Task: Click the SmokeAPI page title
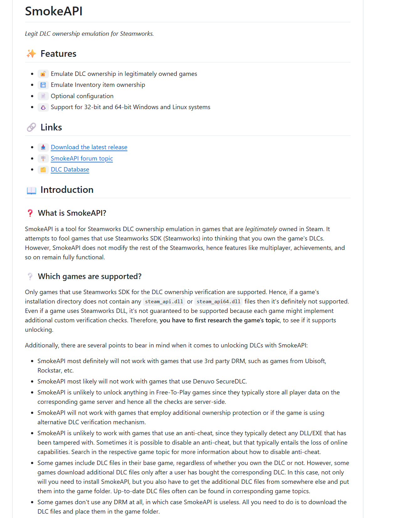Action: pos(54,11)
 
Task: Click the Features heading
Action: pos(58,54)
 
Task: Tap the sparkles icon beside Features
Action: pos(31,54)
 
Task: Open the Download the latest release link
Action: pos(89,147)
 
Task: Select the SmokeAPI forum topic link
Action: pos(82,158)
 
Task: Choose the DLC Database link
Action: pos(70,169)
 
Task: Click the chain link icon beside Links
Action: pos(31,127)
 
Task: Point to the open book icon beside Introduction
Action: pos(31,190)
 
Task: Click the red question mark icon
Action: pos(30,213)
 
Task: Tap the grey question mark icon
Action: pos(30,276)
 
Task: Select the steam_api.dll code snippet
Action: pos(164,301)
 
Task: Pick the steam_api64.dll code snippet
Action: pos(219,301)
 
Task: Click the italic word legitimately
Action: pos(261,229)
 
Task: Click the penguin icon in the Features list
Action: pos(43,107)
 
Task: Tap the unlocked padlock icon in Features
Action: pos(43,74)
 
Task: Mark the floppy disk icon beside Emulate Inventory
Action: pos(43,85)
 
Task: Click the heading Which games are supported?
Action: pos(90,276)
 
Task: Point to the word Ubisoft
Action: pos(315,361)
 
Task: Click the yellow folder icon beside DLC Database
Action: pos(43,170)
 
